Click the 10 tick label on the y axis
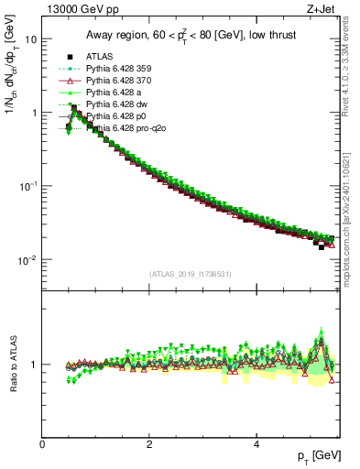[x=30, y=39]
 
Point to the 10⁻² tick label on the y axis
[x=28, y=260]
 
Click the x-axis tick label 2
[x=149, y=444]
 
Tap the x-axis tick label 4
[x=256, y=444]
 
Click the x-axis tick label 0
[x=43, y=444]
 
